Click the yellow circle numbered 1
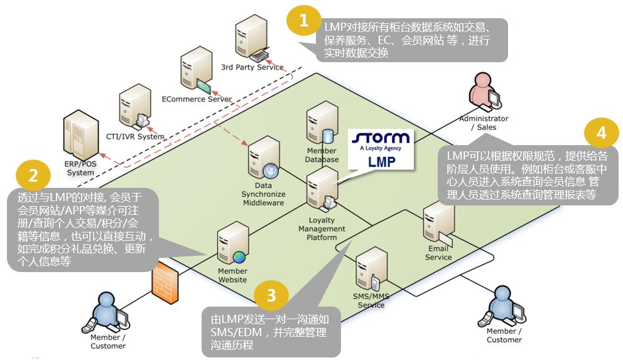point(305,21)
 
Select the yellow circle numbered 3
point(271,296)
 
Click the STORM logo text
point(381,138)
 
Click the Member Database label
point(322,155)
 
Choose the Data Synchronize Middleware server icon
point(264,160)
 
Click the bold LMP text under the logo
point(381,160)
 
